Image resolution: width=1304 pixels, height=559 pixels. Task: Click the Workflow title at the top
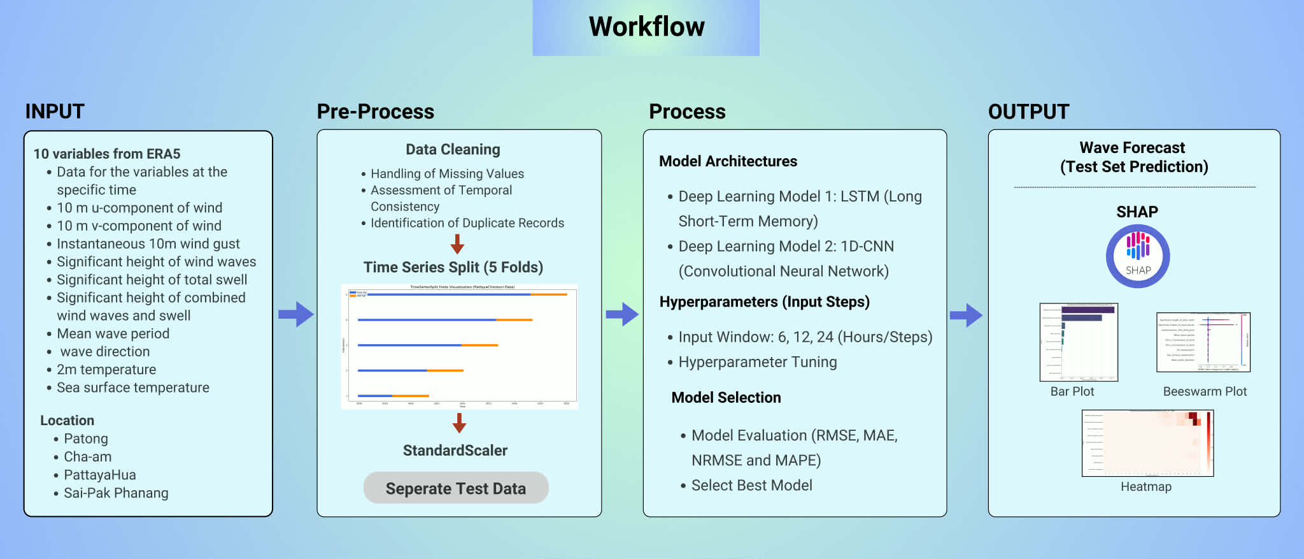click(x=646, y=27)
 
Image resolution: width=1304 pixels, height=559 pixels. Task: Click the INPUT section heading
click(x=55, y=112)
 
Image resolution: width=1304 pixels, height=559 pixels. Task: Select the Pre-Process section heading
click(x=375, y=112)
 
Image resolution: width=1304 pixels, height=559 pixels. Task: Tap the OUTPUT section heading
click(x=1028, y=112)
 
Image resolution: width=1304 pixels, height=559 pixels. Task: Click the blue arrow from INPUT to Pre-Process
click(x=296, y=314)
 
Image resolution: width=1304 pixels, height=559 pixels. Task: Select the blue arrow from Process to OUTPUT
click(x=966, y=315)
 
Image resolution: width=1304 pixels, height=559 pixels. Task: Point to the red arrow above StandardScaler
click(x=459, y=423)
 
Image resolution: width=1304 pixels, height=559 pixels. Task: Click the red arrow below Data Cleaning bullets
click(x=457, y=243)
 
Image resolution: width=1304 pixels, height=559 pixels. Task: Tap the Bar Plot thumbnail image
click(x=1079, y=342)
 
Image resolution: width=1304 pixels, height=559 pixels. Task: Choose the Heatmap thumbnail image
click(x=1147, y=443)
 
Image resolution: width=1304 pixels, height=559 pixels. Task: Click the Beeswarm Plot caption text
click(x=1205, y=391)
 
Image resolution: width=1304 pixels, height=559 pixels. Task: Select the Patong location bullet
click(x=86, y=439)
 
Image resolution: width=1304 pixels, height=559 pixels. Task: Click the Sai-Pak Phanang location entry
click(x=116, y=493)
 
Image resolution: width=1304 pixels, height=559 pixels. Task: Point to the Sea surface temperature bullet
click(x=132, y=388)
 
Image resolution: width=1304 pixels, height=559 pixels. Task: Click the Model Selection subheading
click(x=726, y=397)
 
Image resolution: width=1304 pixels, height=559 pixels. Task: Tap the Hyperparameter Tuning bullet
click(x=757, y=362)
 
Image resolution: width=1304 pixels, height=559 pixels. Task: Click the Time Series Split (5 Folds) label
click(x=453, y=267)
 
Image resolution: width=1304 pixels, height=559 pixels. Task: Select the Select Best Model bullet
click(x=751, y=485)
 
